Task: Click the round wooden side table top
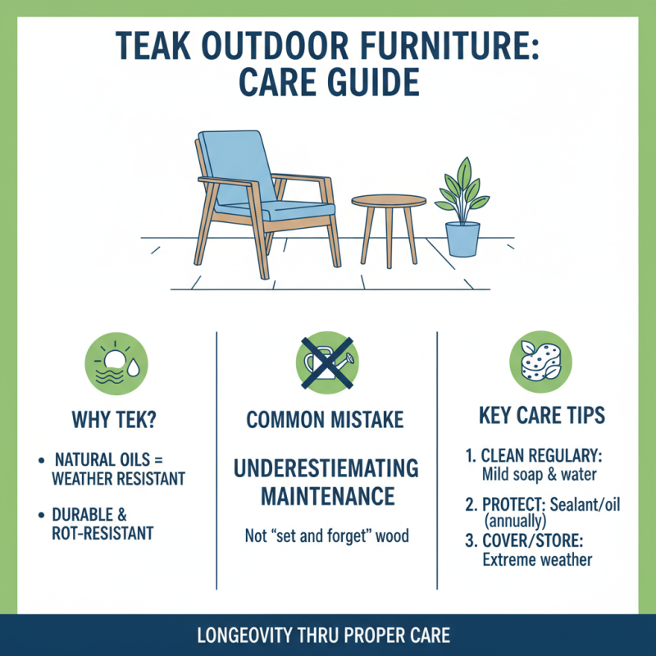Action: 389,201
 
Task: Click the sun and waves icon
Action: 116,362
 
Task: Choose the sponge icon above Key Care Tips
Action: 540,362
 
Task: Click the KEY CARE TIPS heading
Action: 542,415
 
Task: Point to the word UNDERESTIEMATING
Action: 326,469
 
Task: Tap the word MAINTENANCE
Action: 327,497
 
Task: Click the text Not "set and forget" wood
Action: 326,536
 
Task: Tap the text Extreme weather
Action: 536,560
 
